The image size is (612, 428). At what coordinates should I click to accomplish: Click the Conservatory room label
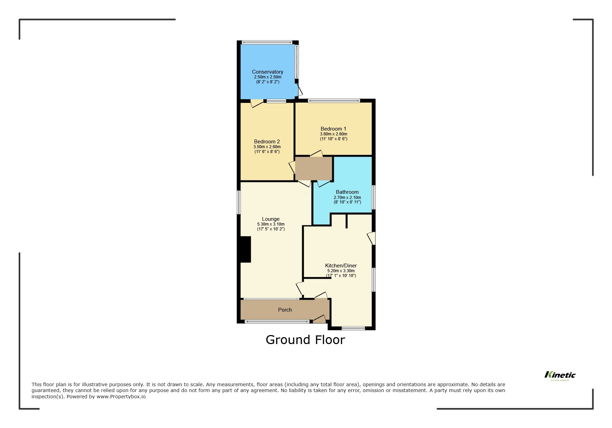coord(267,72)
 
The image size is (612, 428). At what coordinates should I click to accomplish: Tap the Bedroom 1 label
coord(333,129)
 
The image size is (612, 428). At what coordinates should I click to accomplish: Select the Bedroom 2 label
coord(267,142)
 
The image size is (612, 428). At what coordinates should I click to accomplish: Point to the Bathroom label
coord(347,192)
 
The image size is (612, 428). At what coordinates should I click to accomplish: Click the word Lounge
coord(271,219)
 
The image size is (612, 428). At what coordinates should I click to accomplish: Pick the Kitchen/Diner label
coord(341,266)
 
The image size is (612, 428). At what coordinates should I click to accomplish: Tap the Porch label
coord(285,310)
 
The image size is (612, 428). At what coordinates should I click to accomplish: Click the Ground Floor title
coord(305,340)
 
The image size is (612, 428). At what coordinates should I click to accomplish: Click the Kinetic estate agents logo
coord(560,375)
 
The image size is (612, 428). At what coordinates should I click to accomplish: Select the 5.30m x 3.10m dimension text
coord(271,224)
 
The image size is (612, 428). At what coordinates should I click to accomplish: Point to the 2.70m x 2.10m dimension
coord(347,198)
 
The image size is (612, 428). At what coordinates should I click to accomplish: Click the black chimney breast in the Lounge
coord(245,249)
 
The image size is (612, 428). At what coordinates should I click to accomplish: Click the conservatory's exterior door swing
coord(299,91)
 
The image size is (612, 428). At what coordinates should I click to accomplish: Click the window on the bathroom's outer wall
coord(374,197)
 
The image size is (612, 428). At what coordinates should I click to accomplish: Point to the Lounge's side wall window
coord(238,202)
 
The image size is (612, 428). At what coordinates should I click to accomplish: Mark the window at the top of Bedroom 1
coord(334,101)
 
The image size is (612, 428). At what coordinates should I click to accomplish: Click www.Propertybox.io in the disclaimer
coord(121,397)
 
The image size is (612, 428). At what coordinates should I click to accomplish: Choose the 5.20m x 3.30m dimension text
coord(341,271)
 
